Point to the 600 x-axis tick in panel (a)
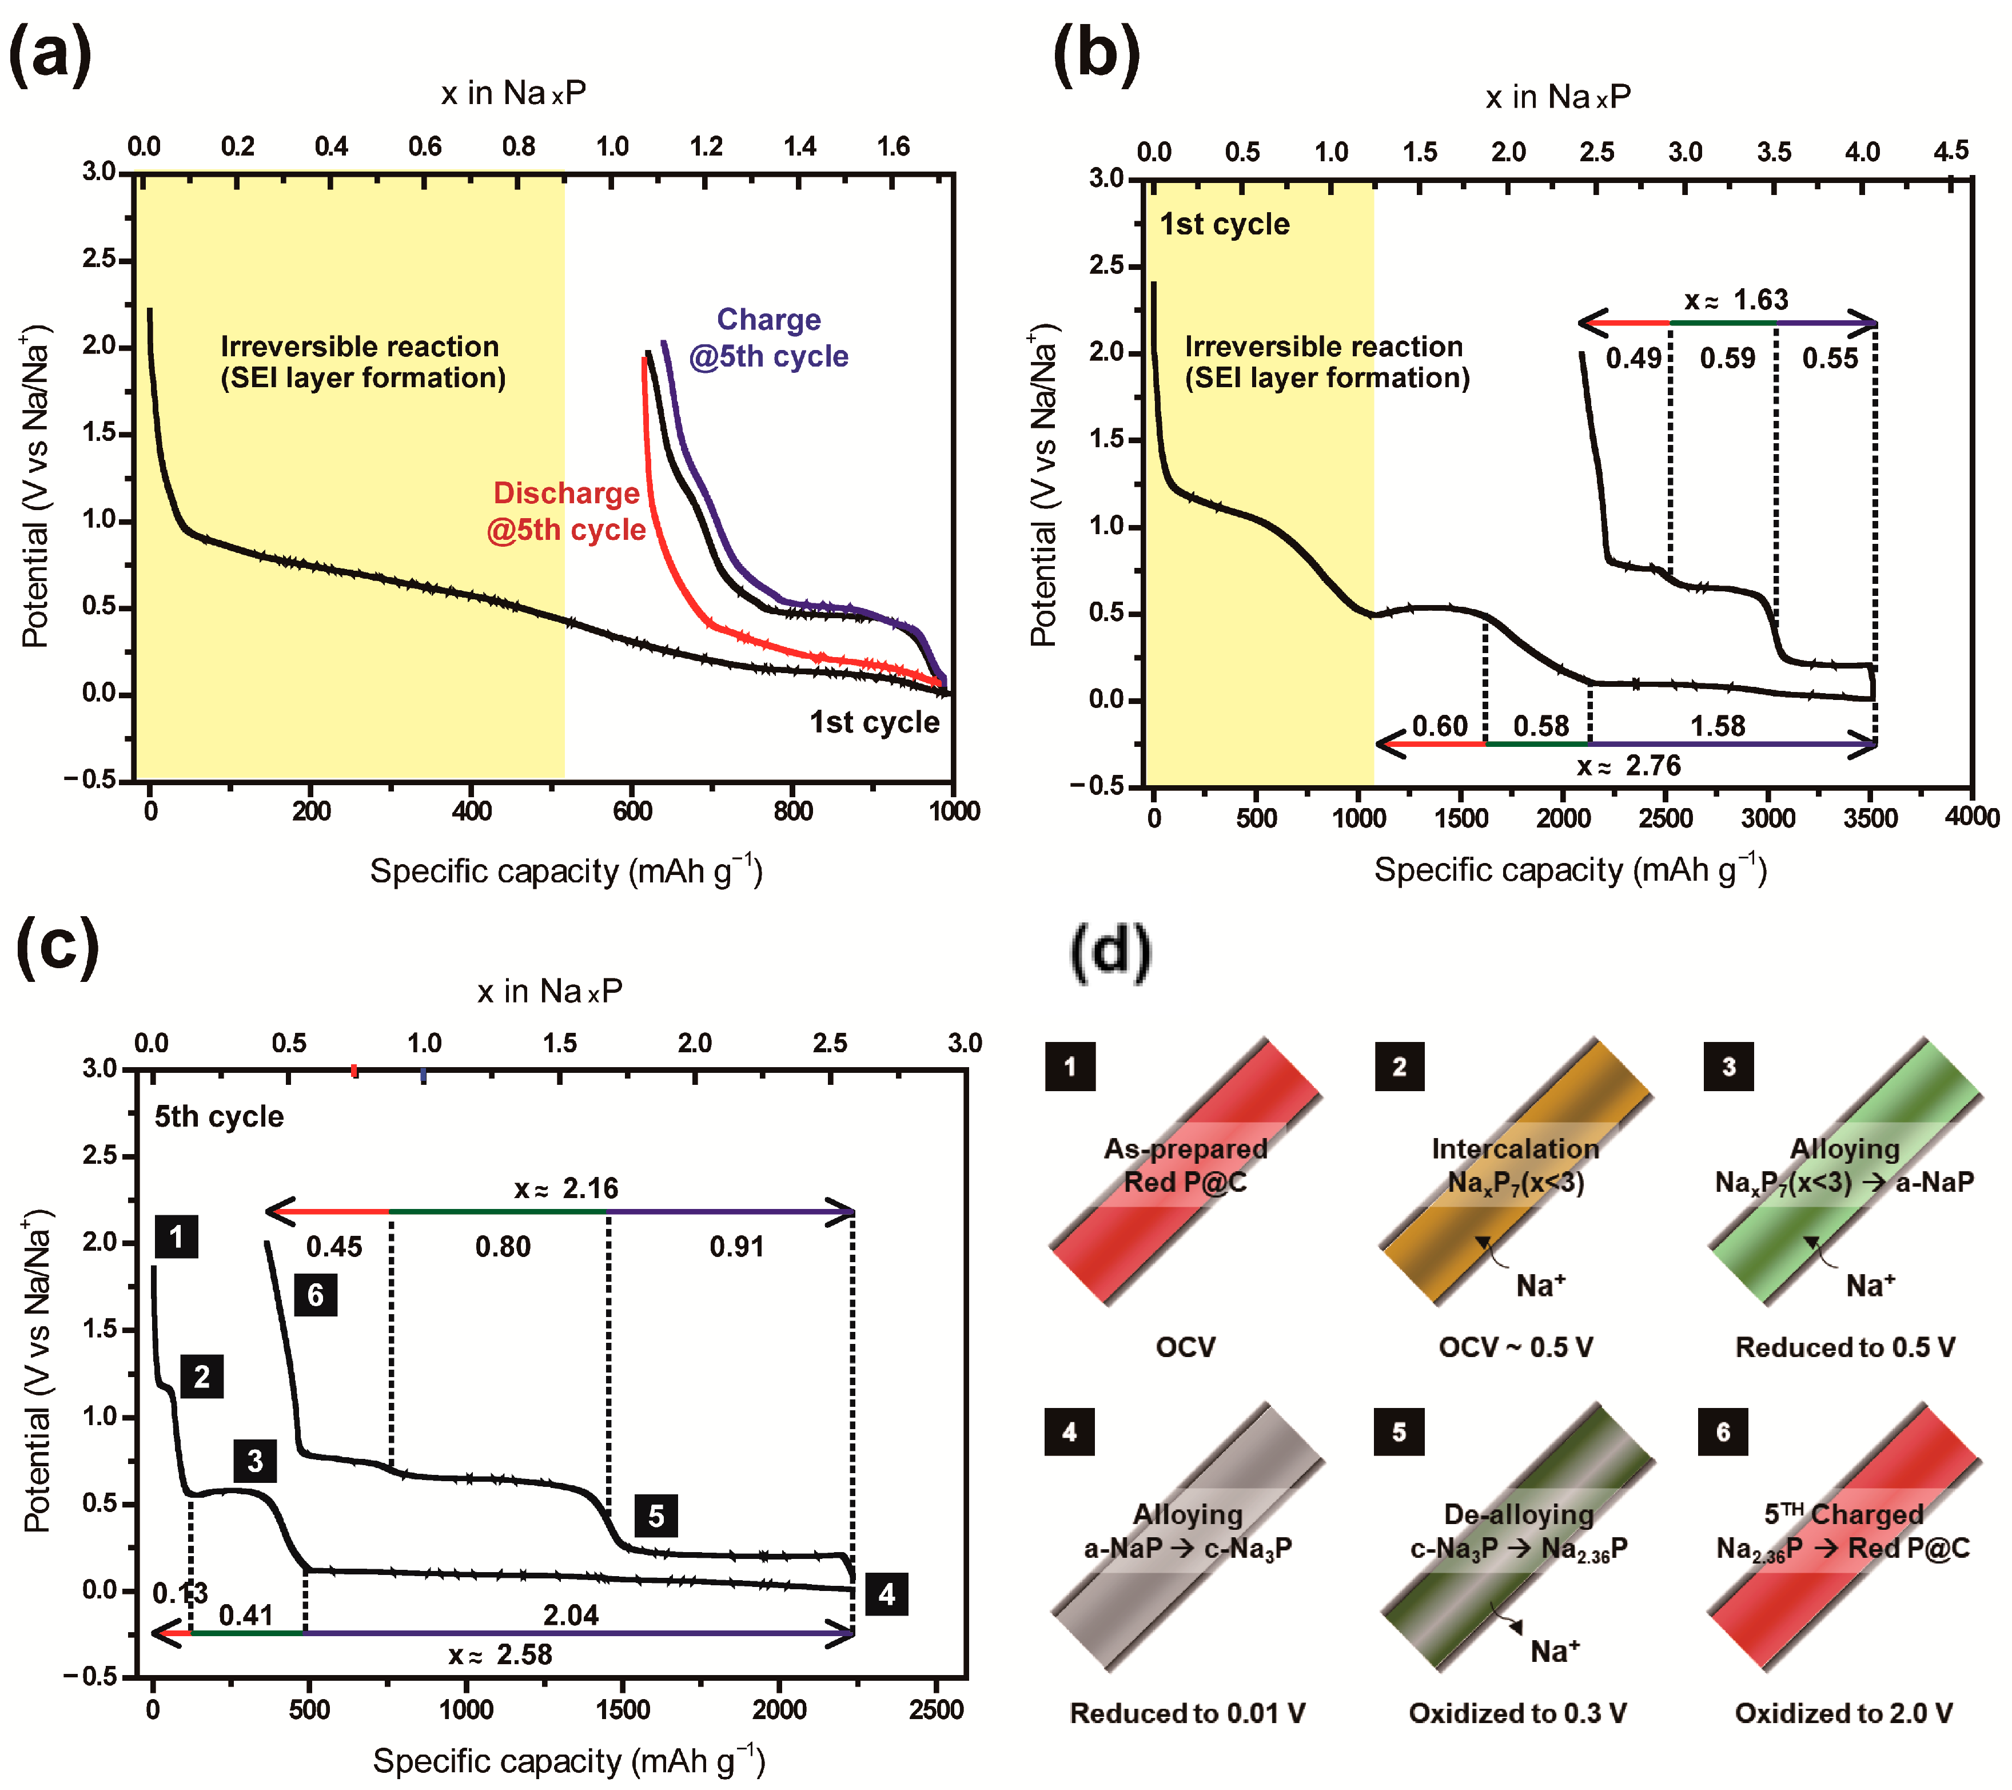click(632, 812)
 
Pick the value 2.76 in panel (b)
click(1653, 765)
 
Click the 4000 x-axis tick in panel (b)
click(1971, 817)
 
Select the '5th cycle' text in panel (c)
click(218, 1116)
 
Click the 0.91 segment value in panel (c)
click(736, 1247)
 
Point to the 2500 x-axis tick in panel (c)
click(935, 1709)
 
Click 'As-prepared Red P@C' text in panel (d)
click(1185, 1165)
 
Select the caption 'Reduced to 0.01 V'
click(1187, 1713)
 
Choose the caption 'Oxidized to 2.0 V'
click(1843, 1713)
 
